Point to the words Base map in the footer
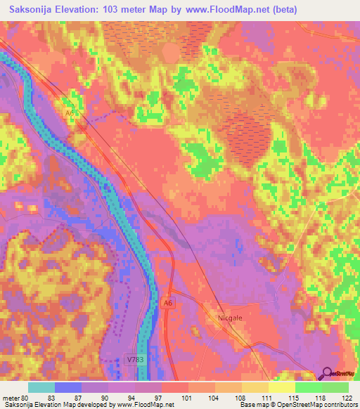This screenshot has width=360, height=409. click(254, 405)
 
